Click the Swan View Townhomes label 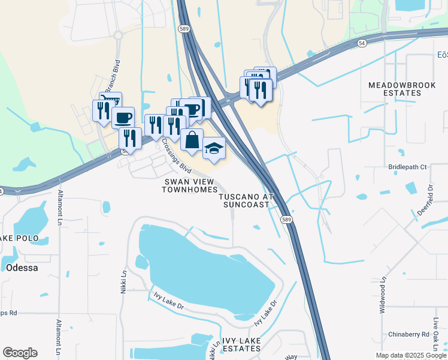[x=189, y=185]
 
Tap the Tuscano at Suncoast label [x=246, y=200]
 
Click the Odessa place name [x=23, y=268]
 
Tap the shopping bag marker [x=192, y=140]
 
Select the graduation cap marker [x=214, y=148]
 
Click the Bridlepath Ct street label [x=407, y=167]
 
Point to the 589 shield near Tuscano [x=287, y=220]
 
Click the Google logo [x=20, y=353]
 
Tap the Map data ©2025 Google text [x=410, y=355]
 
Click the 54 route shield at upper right [x=361, y=43]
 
